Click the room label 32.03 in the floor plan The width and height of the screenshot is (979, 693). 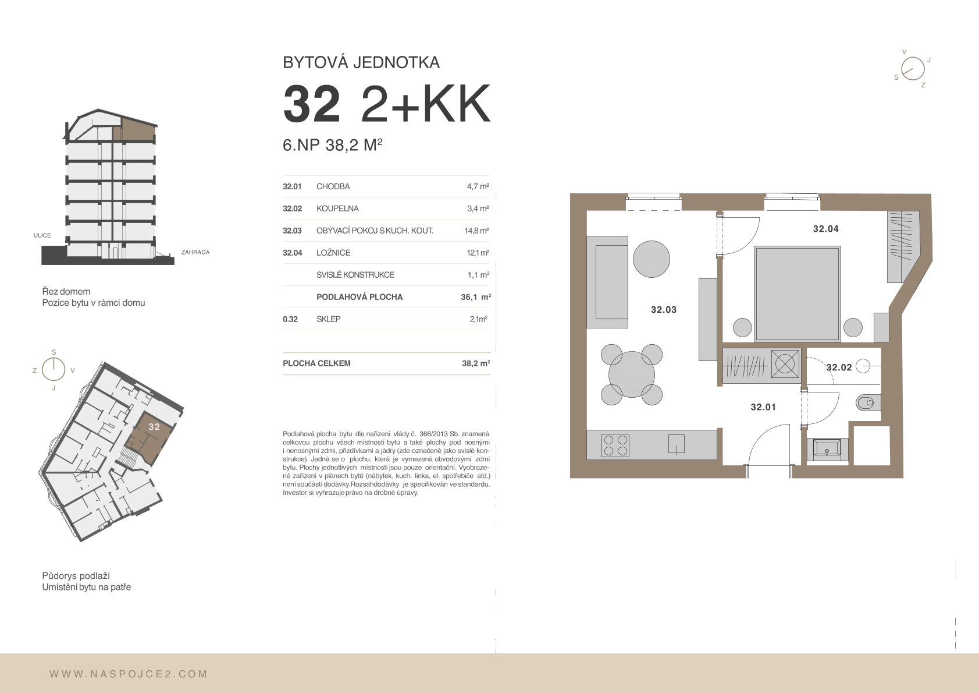click(x=664, y=310)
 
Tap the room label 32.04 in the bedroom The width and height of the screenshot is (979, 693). click(x=825, y=228)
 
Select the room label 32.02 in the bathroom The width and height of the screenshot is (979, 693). click(x=839, y=367)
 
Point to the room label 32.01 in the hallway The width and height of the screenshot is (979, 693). click(x=763, y=407)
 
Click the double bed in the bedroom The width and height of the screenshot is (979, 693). click(x=797, y=294)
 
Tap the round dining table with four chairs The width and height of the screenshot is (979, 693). click(x=632, y=374)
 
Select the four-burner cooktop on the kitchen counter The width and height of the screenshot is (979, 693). click(x=615, y=446)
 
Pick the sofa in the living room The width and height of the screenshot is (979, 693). click(x=607, y=282)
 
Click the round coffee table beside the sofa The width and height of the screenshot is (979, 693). click(x=651, y=259)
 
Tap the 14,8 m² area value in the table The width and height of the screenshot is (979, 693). click(x=477, y=231)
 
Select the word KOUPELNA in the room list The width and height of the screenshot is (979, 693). click(x=337, y=208)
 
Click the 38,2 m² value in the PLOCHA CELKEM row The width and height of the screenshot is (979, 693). click(x=476, y=363)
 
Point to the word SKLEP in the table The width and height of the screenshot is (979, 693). click(x=328, y=319)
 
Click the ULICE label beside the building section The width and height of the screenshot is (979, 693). click(x=42, y=235)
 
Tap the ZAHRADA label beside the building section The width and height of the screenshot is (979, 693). click(x=195, y=252)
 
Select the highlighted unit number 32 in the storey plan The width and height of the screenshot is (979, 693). click(x=154, y=426)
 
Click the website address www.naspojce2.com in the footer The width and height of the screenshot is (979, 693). click(x=129, y=674)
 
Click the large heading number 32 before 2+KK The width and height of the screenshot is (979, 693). click(x=312, y=104)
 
